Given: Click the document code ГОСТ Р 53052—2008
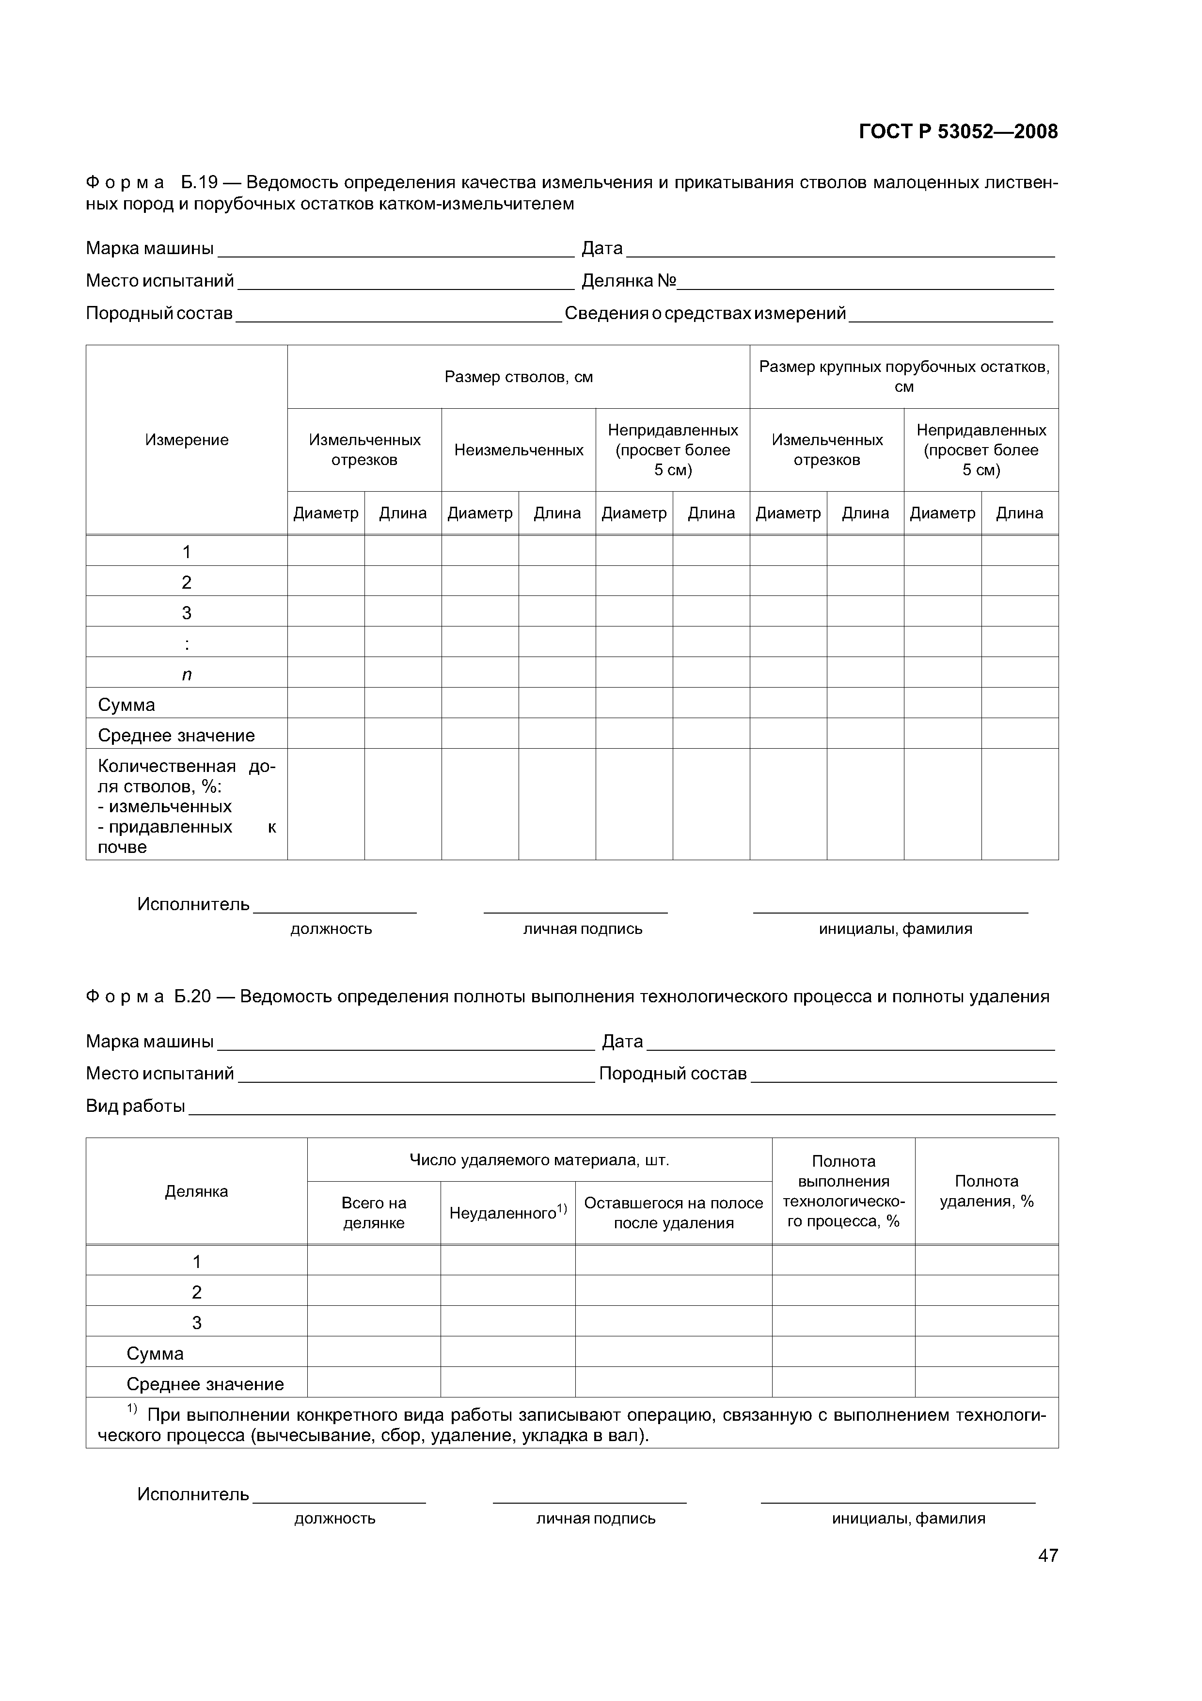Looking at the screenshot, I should pyautogui.click(x=958, y=132).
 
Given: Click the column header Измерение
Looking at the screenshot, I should pyautogui.click(x=187, y=440).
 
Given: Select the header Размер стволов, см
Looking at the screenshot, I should pyautogui.click(x=519, y=377).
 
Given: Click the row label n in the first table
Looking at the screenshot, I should pyautogui.click(x=187, y=674).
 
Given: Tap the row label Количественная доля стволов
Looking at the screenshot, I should pyautogui.click(x=187, y=806).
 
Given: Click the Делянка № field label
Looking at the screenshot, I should pyautogui.click(x=629, y=281).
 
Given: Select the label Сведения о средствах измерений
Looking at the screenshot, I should pyautogui.click(x=705, y=313).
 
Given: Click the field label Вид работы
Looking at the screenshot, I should pyautogui.click(x=136, y=1106).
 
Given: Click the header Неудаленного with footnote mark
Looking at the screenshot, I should pyautogui.click(x=507, y=1212).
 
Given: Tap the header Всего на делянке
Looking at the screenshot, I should pyautogui.click(x=374, y=1212).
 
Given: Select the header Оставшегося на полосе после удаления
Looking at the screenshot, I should pyautogui.click(x=673, y=1212).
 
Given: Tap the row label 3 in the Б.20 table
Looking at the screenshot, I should pyautogui.click(x=196, y=1322).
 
